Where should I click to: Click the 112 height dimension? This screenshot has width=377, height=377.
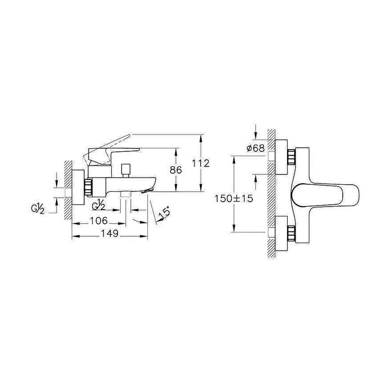pos(201,163)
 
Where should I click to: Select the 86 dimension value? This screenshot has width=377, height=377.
pos(176,170)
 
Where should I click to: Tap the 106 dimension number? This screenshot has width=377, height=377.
pos(98,221)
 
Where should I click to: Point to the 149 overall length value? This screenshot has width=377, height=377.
pos(109,233)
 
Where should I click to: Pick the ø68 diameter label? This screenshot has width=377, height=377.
pos(256,148)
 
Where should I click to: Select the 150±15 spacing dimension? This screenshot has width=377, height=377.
pos(234,199)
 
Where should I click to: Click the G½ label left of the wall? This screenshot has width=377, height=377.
pos(38,209)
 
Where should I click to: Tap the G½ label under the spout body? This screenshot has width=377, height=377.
pos(98,205)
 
